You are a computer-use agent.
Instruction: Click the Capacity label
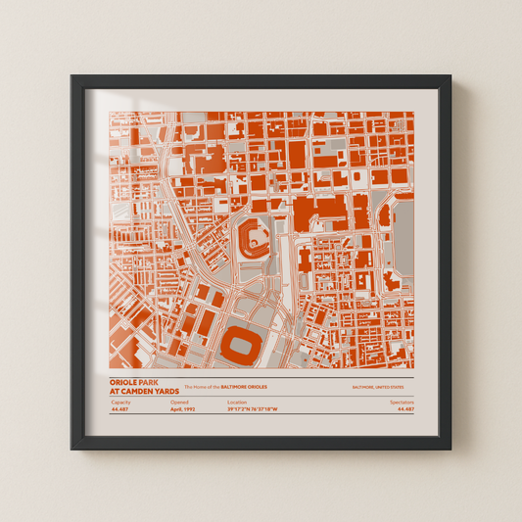[120, 403]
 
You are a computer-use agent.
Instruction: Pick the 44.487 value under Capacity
[120, 410]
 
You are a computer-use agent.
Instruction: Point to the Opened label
[179, 403]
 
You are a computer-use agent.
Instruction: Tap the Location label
[237, 403]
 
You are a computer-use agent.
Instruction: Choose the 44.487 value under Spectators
[405, 410]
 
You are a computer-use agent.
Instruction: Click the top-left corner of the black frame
[71, 74]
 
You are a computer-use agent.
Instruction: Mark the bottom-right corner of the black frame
[451, 449]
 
